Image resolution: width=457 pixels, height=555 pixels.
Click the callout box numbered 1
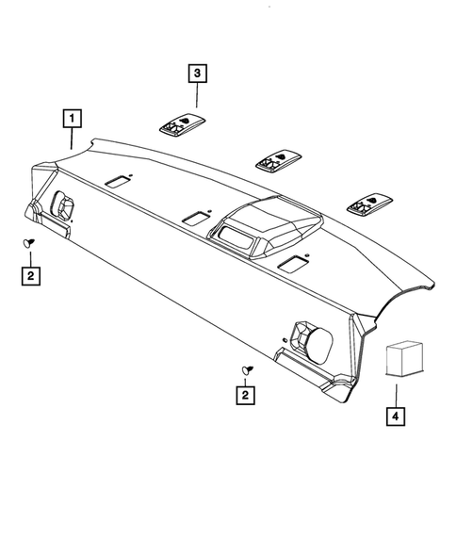click(x=72, y=120)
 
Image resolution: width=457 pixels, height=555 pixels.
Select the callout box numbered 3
click(x=196, y=73)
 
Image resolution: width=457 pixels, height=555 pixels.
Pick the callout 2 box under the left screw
click(x=32, y=275)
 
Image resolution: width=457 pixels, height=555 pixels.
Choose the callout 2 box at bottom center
click(x=247, y=397)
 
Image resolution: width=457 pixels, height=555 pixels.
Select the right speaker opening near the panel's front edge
click(x=311, y=336)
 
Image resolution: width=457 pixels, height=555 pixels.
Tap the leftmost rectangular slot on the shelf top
click(x=120, y=180)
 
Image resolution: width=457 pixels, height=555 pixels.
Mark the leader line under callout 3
click(x=196, y=94)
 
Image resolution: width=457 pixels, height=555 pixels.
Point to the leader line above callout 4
click(x=397, y=390)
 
